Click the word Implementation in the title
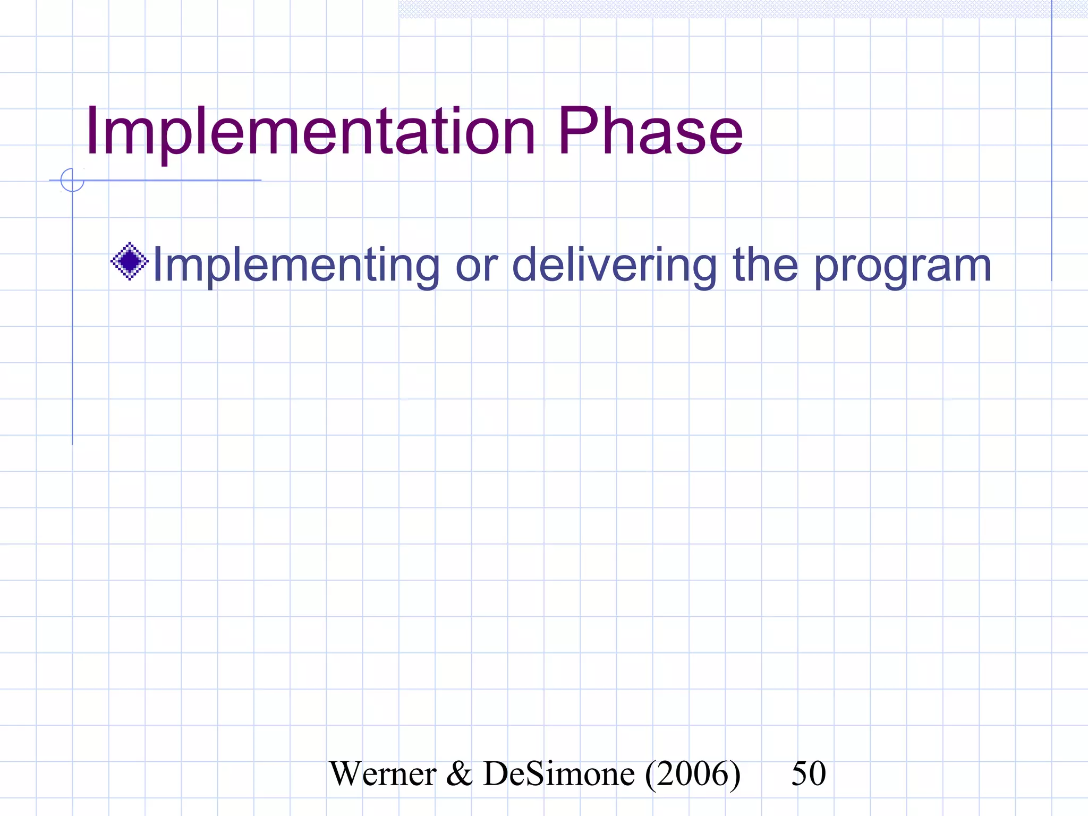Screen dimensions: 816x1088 click(x=311, y=133)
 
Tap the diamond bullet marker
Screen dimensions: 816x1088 click(x=129, y=261)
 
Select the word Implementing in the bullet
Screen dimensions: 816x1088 click(x=296, y=266)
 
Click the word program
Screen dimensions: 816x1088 click(x=903, y=268)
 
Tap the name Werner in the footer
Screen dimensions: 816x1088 click(x=382, y=773)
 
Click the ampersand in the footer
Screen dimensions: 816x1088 click(x=459, y=773)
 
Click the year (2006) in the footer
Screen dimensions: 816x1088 click(x=693, y=775)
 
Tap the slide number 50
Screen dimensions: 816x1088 click(x=809, y=773)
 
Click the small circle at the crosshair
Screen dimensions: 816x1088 click(x=72, y=180)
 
